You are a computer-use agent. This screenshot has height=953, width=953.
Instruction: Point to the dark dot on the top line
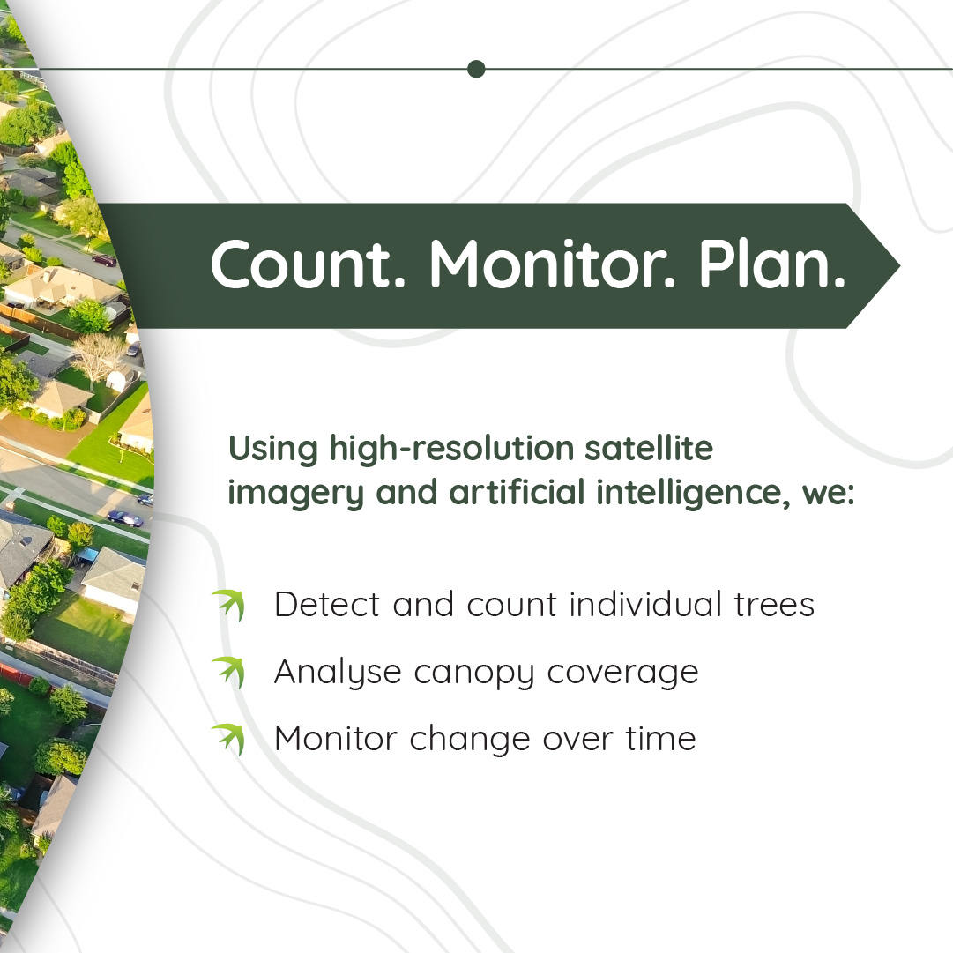pyautogui.click(x=476, y=69)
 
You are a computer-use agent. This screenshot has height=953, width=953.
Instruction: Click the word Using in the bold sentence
pyautogui.click(x=272, y=449)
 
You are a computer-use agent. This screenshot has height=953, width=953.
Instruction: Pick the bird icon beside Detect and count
pyautogui.click(x=228, y=605)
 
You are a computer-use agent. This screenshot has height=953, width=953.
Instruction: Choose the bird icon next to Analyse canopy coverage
pyautogui.click(x=228, y=672)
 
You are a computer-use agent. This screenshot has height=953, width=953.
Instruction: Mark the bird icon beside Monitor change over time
pyautogui.click(x=228, y=739)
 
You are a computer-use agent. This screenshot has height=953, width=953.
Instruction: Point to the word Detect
pyautogui.click(x=328, y=605)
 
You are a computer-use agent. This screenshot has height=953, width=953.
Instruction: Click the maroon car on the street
pyautogui.click(x=104, y=259)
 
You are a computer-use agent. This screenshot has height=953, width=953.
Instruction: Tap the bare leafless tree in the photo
pyautogui.click(x=98, y=354)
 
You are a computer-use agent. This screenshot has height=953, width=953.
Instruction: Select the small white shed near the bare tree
pyautogui.click(x=115, y=379)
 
